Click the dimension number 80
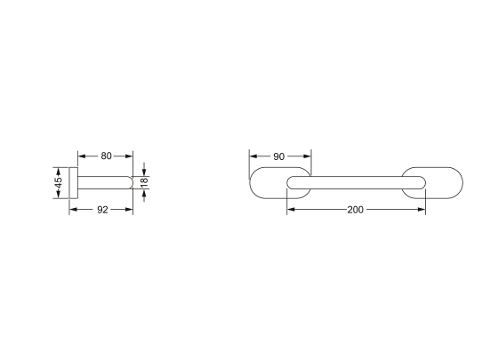(107, 156)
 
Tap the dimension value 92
(102, 210)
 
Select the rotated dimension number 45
(59, 183)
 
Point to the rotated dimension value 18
(144, 182)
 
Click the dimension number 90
(279, 156)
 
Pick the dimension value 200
(355, 210)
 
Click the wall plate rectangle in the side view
(73, 182)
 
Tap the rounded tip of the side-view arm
(132, 182)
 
